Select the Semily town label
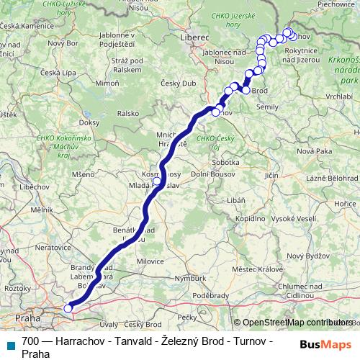tap(267, 106)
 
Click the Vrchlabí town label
tap(339, 96)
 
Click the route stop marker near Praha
tap(68, 309)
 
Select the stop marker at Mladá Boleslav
tap(157, 181)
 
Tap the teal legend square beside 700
tap(10, 341)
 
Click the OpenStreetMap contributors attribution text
tap(296, 323)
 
